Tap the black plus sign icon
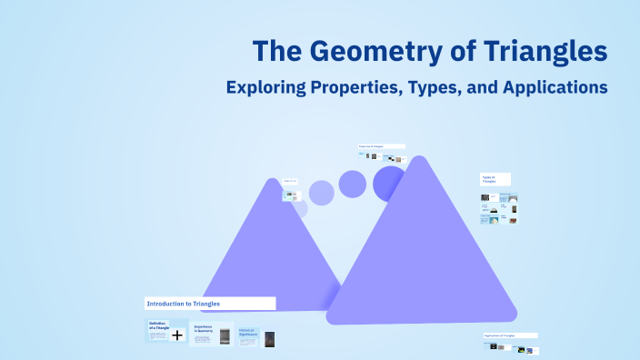[x=177, y=335]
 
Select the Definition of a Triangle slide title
[x=158, y=325]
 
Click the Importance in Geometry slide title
[x=204, y=328]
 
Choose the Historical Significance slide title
[x=248, y=332]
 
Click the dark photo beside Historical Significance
[x=269, y=338]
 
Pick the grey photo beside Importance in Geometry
[x=225, y=335]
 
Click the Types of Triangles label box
[x=495, y=179]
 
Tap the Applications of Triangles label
[x=510, y=335]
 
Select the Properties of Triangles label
[x=381, y=145]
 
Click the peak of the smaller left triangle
[x=271, y=183]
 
